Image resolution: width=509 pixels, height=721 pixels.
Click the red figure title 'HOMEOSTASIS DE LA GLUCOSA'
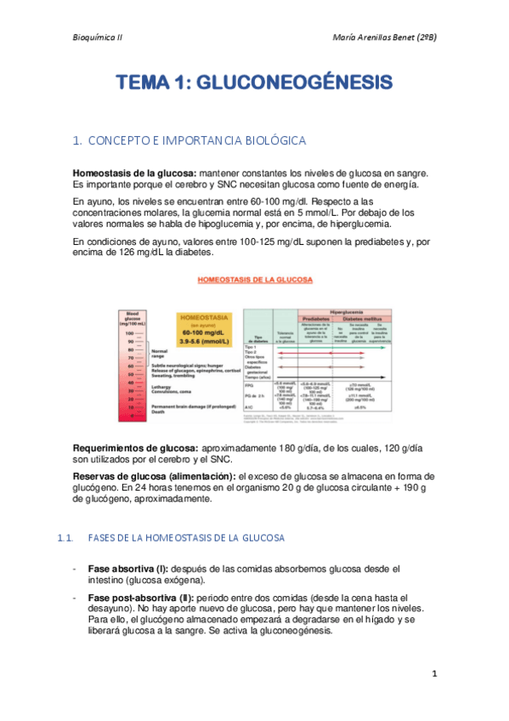pyautogui.click(x=255, y=279)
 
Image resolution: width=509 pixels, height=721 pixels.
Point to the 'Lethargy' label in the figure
pyautogui.click(x=162, y=384)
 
